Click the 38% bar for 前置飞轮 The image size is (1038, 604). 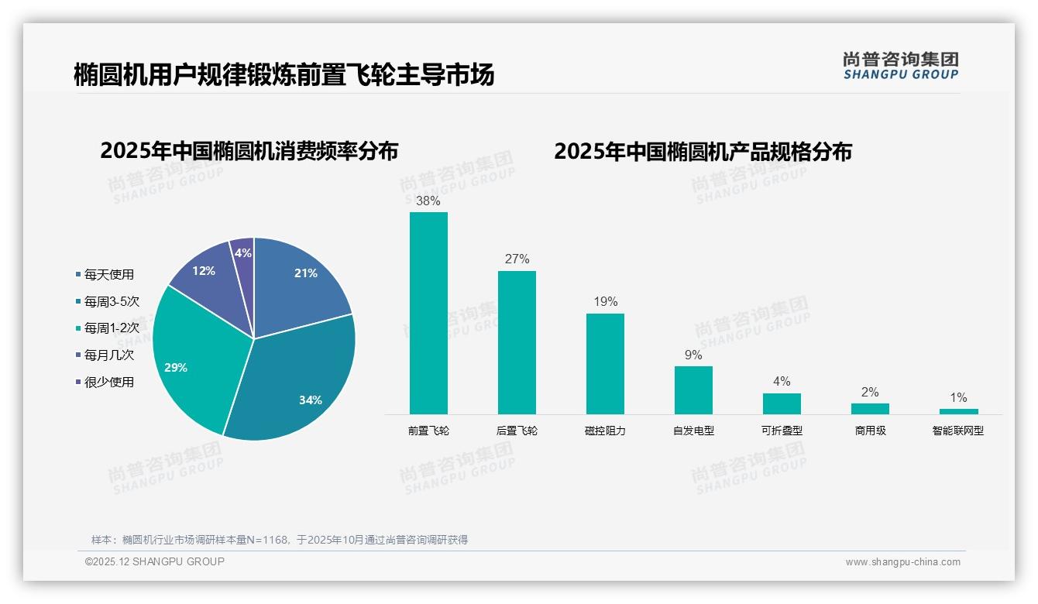coord(428,313)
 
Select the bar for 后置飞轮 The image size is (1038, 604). coord(517,342)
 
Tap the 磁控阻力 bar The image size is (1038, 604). coord(605,363)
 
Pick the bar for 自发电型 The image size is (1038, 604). coord(693,390)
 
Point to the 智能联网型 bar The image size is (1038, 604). coord(958,411)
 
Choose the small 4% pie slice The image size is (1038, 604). coord(242,252)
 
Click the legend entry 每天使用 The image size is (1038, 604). coord(108,274)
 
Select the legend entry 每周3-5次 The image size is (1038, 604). coord(112,301)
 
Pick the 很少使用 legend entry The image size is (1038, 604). coord(108,382)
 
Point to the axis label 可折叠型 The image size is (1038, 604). coord(782,431)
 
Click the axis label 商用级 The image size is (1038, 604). coord(870,431)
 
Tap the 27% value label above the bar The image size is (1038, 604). coord(517,259)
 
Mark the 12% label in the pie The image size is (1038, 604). coord(204,271)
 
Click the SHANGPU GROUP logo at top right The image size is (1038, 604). coord(901,66)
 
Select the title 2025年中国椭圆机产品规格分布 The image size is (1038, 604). coord(703,152)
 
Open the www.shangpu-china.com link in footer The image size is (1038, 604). coord(902,562)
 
